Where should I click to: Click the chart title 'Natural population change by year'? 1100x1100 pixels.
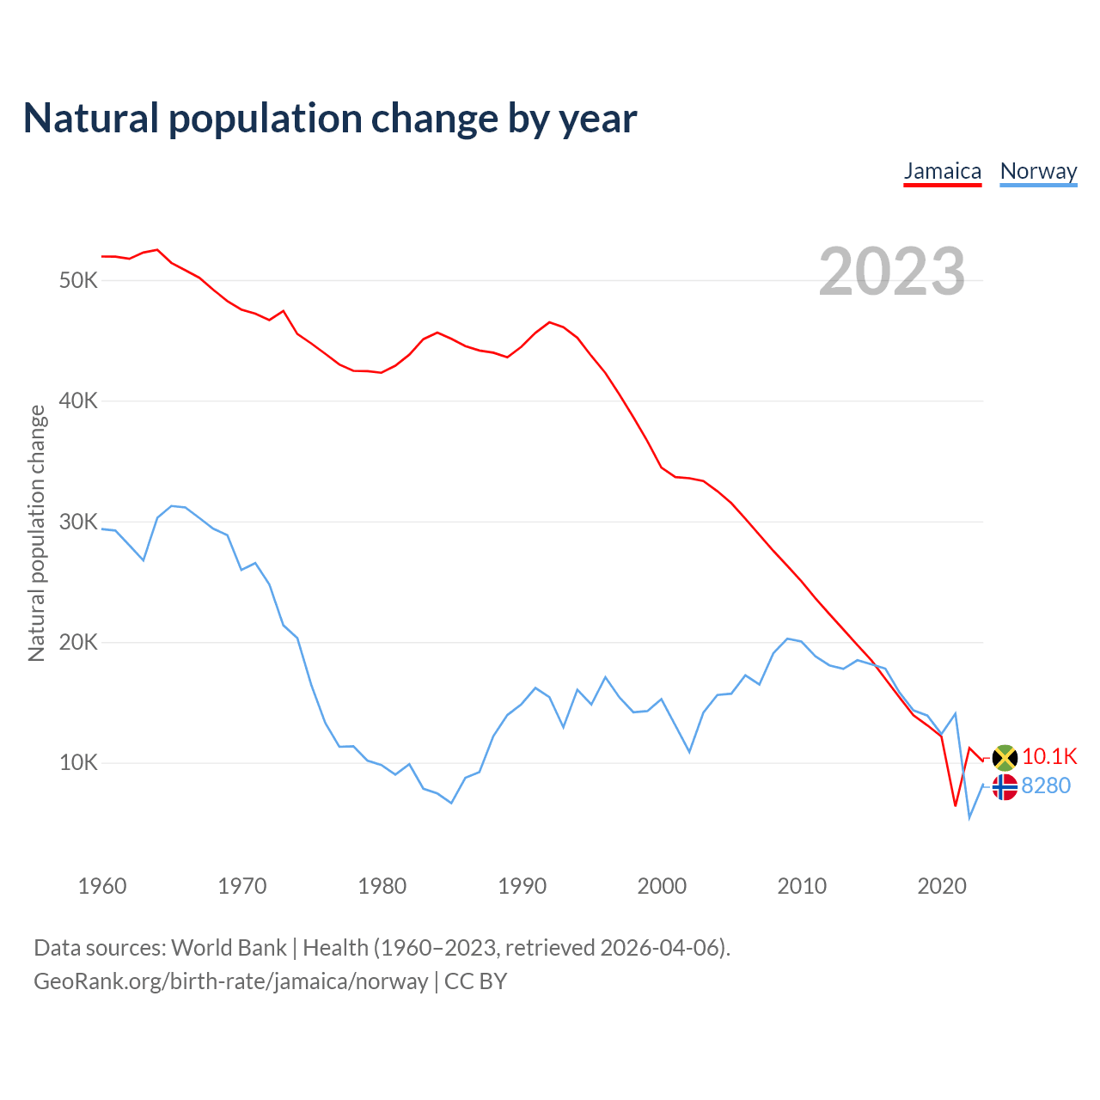(330, 119)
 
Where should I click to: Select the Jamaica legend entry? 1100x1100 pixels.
(942, 171)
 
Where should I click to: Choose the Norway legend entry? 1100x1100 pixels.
(1038, 171)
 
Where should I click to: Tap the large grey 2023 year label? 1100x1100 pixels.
(891, 272)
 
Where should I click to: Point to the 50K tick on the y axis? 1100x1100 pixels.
(79, 281)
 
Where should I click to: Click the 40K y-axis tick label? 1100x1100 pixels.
(79, 401)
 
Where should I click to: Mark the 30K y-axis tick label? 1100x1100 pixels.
(79, 522)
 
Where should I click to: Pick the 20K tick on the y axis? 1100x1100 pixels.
(79, 643)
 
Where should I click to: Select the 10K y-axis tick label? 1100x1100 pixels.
(79, 763)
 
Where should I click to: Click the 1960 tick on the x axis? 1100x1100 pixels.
(102, 886)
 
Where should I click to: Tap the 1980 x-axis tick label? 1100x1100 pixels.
(382, 886)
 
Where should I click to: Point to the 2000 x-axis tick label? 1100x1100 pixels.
(662, 886)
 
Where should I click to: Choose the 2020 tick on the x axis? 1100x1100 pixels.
(942, 886)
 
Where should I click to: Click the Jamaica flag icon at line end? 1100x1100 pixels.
(1005, 758)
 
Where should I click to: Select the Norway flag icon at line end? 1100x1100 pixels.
(1005, 786)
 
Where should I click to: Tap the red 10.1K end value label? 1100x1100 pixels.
(1049, 756)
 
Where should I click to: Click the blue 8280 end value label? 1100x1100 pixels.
(1046, 785)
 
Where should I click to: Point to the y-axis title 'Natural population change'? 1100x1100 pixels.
(37, 533)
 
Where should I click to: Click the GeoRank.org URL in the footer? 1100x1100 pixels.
(230, 981)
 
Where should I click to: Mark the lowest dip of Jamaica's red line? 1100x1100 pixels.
(955, 805)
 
